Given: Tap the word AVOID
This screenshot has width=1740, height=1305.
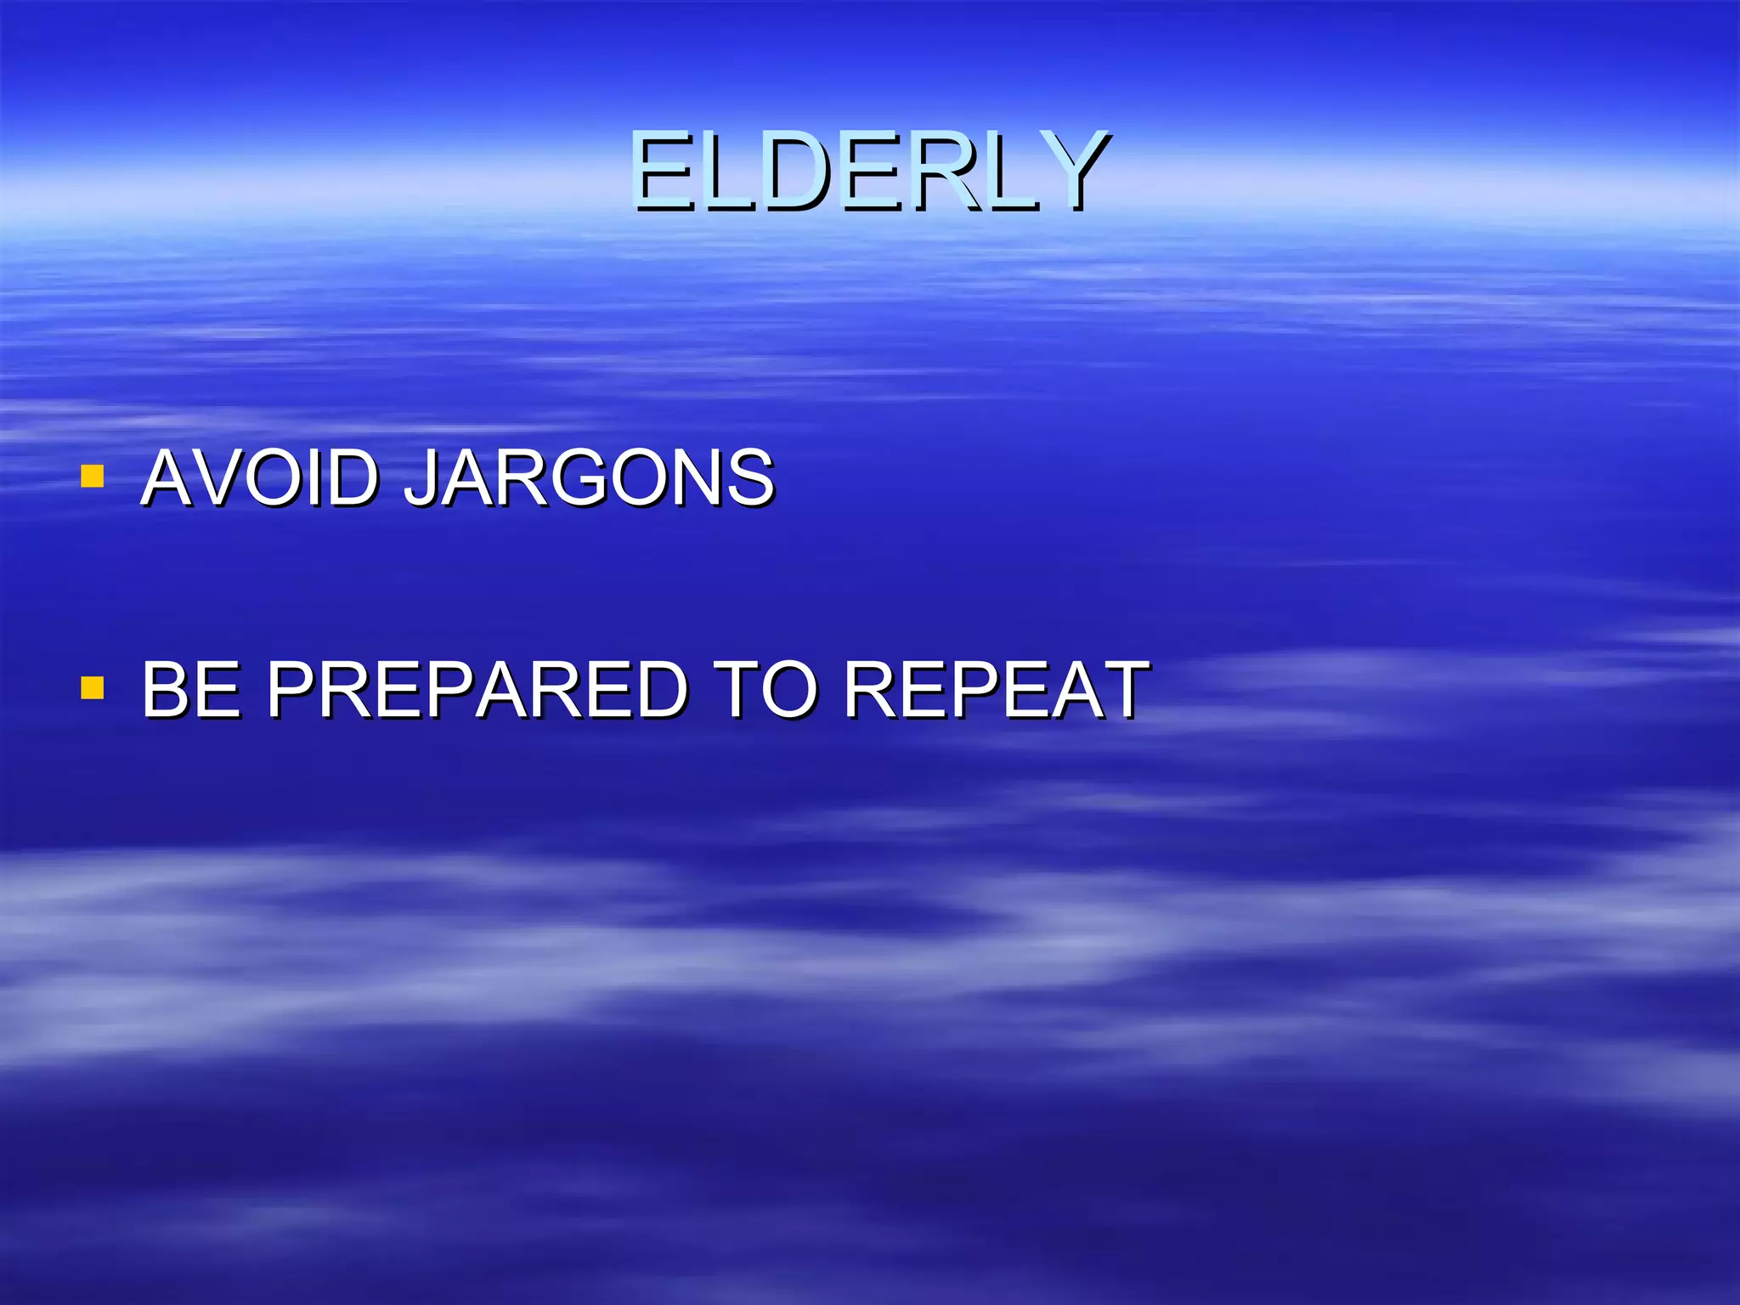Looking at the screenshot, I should click(259, 477).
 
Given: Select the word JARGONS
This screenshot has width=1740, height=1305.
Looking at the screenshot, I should click(588, 477).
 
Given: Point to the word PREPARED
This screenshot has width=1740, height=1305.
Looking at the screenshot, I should click(476, 689).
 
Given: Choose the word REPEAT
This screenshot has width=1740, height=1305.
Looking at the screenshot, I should click(996, 689).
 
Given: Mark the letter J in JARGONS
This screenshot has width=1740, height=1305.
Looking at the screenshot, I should click(421, 477).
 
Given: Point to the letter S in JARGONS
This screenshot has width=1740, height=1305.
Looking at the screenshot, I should click(748, 477).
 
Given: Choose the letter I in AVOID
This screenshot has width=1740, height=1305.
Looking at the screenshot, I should click(326, 477).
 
